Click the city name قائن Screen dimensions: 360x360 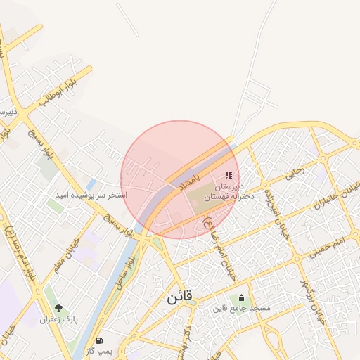click(180, 297)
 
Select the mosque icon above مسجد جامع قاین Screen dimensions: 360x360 click(243, 297)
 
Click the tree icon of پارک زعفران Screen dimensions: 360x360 click(59, 308)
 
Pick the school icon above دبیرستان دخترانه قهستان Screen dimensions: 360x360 click(228, 175)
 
